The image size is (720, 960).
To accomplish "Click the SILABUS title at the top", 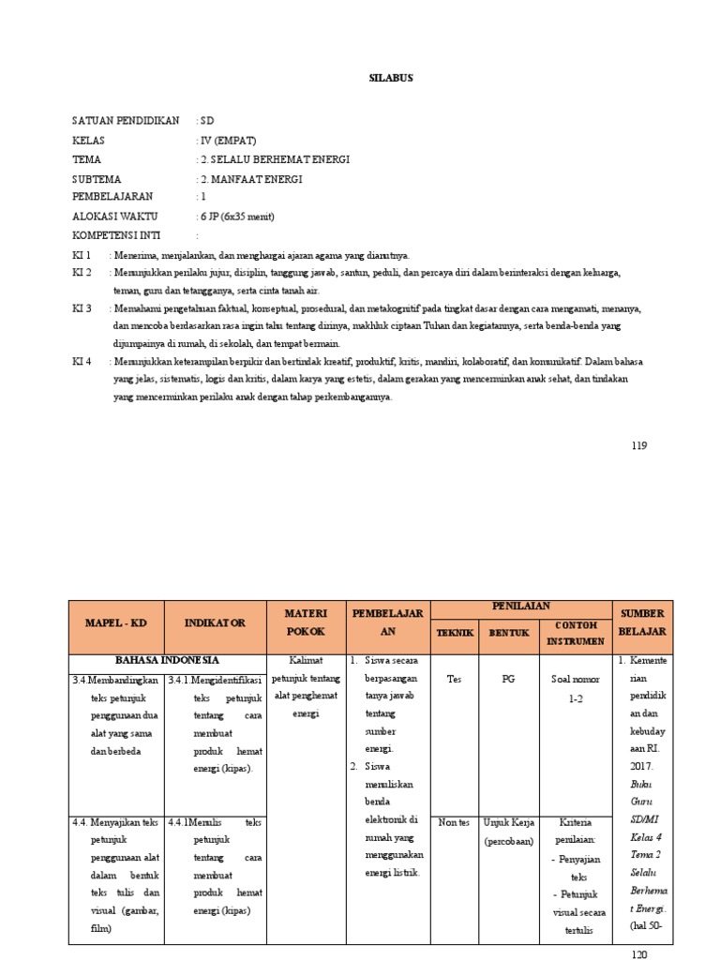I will pos(389,79).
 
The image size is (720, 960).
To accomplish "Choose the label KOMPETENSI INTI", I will pos(121,235).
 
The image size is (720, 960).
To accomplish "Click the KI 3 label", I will pos(82,307).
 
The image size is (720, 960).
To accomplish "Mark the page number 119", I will pos(638,444).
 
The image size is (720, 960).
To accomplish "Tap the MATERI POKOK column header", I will pos(306,622).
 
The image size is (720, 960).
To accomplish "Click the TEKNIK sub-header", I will pos(454,633).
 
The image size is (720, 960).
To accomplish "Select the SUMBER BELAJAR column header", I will pos(642,622).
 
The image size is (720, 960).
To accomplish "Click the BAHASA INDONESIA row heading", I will pos(166,660).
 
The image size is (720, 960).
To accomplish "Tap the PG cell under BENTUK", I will pos(507,680).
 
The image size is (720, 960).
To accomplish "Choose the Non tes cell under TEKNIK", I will pos(454,822).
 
